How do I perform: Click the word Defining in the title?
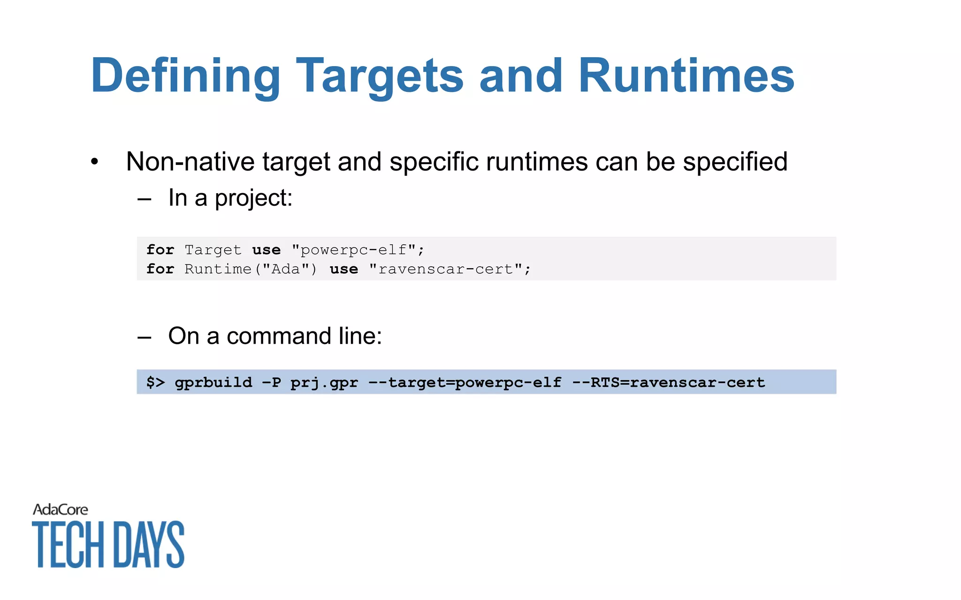(185, 76)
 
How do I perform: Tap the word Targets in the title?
(380, 76)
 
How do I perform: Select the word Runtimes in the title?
(686, 76)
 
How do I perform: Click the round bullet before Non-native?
(95, 162)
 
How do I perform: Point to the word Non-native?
(191, 162)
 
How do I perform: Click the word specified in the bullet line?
(735, 162)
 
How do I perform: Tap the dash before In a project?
(144, 199)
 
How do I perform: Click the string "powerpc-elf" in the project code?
(358, 250)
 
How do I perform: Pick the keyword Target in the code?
(213, 250)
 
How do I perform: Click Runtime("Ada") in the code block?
(251, 269)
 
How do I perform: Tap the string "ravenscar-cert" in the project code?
(450, 269)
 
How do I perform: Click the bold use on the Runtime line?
(343, 269)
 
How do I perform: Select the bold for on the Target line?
(160, 249)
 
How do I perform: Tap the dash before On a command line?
(144, 337)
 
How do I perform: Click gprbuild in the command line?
(213, 382)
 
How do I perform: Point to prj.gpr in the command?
(324, 382)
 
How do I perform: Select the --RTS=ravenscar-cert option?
(668, 382)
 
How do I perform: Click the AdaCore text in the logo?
(61, 510)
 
